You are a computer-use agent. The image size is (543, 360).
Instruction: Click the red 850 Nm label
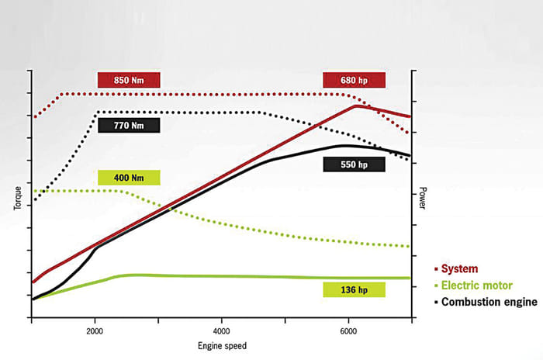point(128,80)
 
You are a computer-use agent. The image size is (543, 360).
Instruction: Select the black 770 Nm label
point(129,124)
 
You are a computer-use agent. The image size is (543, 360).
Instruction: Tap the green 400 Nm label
point(129,178)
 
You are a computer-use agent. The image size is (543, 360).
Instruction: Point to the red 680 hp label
point(354,80)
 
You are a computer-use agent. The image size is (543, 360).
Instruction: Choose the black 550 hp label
point(354,164)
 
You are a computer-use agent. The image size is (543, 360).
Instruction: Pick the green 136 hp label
point(354,289)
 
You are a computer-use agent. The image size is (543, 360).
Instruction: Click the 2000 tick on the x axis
point(95,331)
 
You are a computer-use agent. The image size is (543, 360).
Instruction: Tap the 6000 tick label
point(348,331)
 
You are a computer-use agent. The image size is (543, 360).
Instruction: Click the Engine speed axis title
point(222,344)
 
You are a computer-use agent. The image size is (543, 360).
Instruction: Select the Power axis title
point(423,199)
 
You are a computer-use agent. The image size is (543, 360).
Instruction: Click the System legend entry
point(459,269)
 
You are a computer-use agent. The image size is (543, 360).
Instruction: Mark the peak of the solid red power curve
point(356,106)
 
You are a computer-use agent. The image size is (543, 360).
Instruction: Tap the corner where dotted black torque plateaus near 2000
point(96,112)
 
